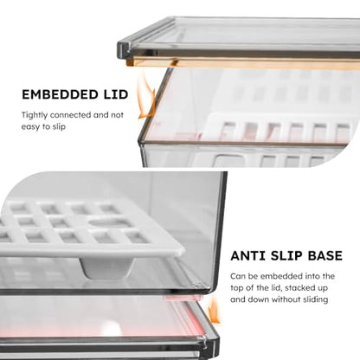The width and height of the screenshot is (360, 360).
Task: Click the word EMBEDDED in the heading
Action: [x=60, y=94]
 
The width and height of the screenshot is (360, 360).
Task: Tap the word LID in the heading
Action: [x=116, y=94]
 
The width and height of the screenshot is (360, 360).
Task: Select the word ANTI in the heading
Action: [x=247, y=256]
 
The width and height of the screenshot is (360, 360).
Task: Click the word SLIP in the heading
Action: [x=282, y=256]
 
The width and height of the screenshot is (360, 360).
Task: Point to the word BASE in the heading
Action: [x=322, y=256]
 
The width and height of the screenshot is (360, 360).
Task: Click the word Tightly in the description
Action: [x=35, y=115]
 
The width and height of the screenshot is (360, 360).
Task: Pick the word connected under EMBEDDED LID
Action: [x=70, y=115]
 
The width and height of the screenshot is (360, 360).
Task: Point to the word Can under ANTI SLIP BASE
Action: [x=237, y=276]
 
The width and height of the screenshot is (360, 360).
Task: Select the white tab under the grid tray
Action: [x=108, y=267]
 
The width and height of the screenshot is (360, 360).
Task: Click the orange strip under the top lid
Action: [x=242, y=63]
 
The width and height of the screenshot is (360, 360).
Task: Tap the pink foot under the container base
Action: [x=182, y=297]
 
